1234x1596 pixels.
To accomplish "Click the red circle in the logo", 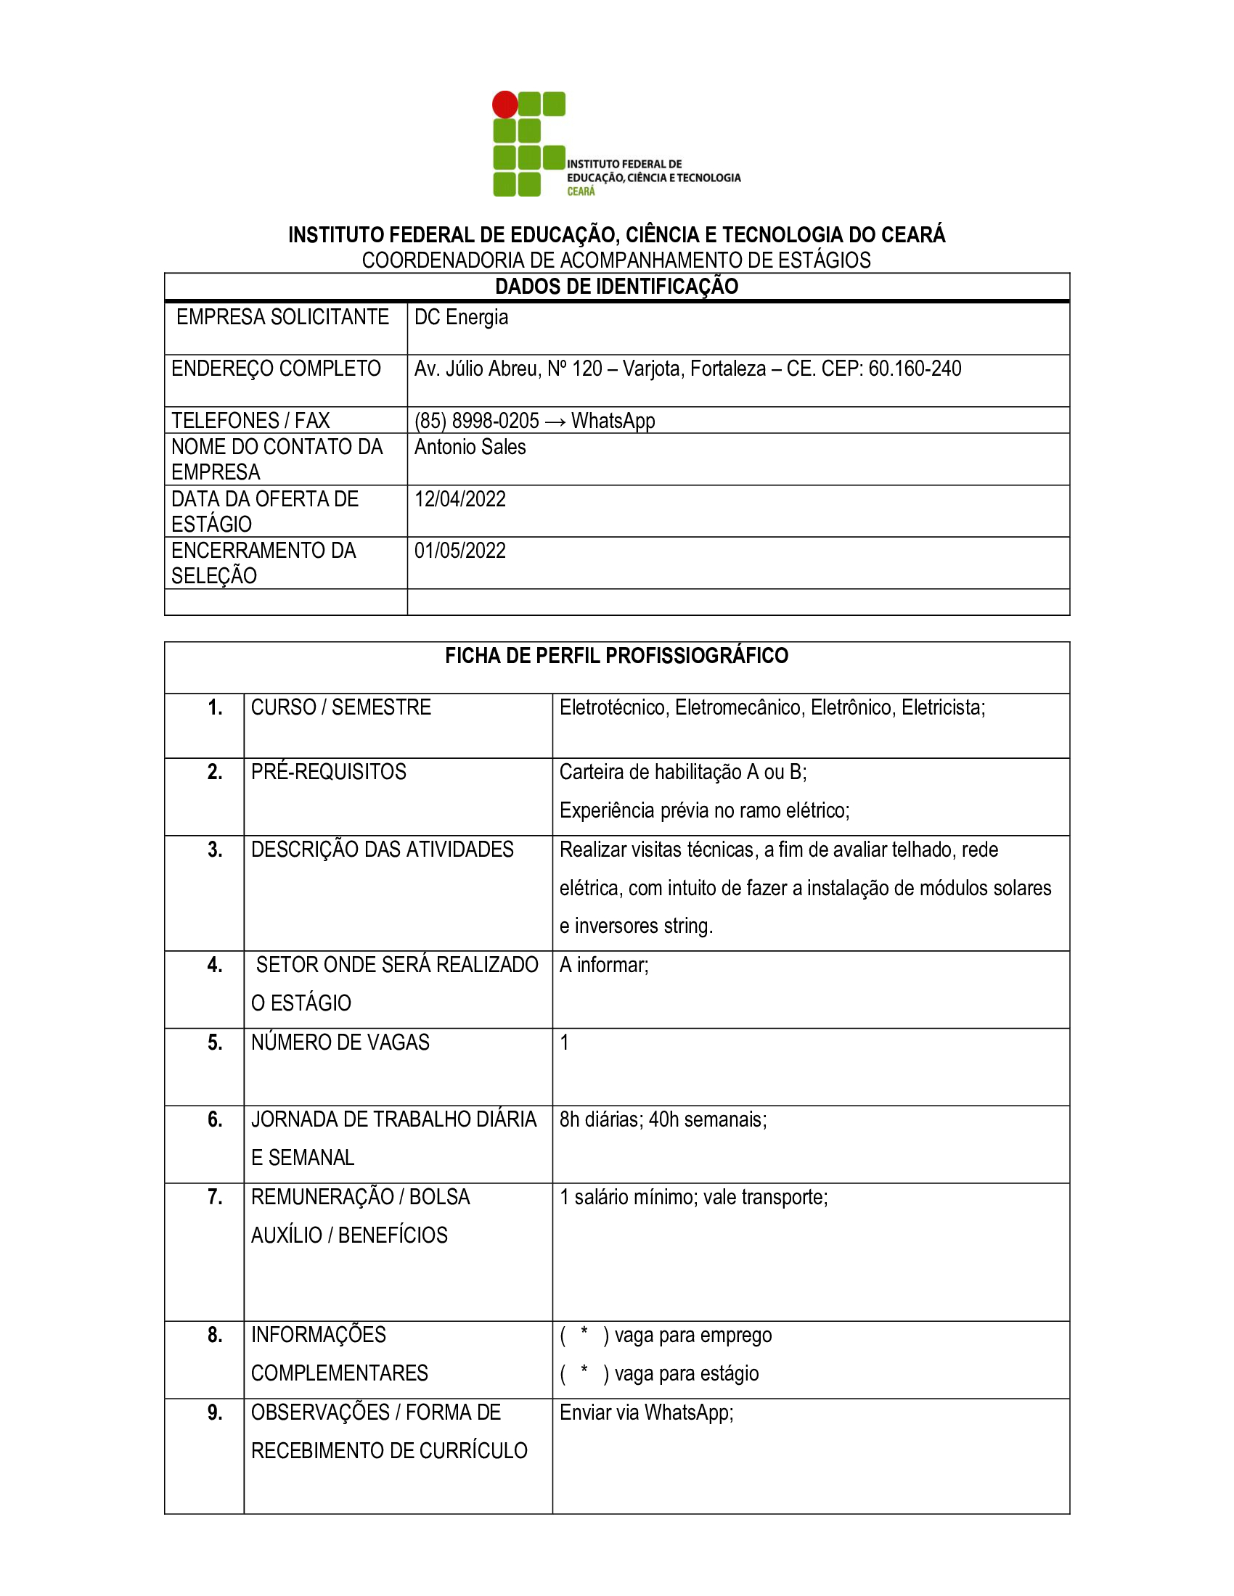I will pyautogui.click(x=504, y=104).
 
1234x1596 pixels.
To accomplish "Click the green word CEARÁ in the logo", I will pyautogui.click(x=581, y=192).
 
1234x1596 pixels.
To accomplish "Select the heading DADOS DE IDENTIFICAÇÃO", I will pyautogui.click(x=616, y=287).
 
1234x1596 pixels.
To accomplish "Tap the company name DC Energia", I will pyautogui.click(x=460, y=317).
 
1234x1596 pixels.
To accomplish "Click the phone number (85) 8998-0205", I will pyautogui.click(x=477, y=421).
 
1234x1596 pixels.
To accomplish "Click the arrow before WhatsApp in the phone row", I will pyautogui.click(x=555, y=421).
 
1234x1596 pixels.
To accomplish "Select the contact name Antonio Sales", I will pyautogui.click(x=470, y=447).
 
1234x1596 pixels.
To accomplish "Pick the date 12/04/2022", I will pyautogui.click(x=459, y=499).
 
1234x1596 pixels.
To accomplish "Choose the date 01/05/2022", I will pyautogui.click(x=459, y=551).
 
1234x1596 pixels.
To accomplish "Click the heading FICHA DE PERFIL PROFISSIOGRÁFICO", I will pyautogui.click(x=616, y=656).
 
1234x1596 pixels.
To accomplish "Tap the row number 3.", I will pyautogui.click(x=214, y=850).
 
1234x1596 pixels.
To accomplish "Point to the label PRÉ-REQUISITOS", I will pyautogui.click(x=328, y=772).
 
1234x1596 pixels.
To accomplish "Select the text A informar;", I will pyautogui.click(x=604, y=966).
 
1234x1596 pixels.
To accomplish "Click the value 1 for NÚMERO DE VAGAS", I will pyautogui.click(x=564, y=1042).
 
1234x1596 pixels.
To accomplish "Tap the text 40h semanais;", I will pyautogui.click(x=708, y=1119).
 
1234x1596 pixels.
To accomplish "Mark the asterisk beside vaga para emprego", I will pyautogui.click(x=584, y=1332).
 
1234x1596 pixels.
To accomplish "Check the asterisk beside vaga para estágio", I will pyautogui.click(x=584, y=1370).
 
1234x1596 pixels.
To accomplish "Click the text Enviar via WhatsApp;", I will pyautogui.click(x=646, y=1412).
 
